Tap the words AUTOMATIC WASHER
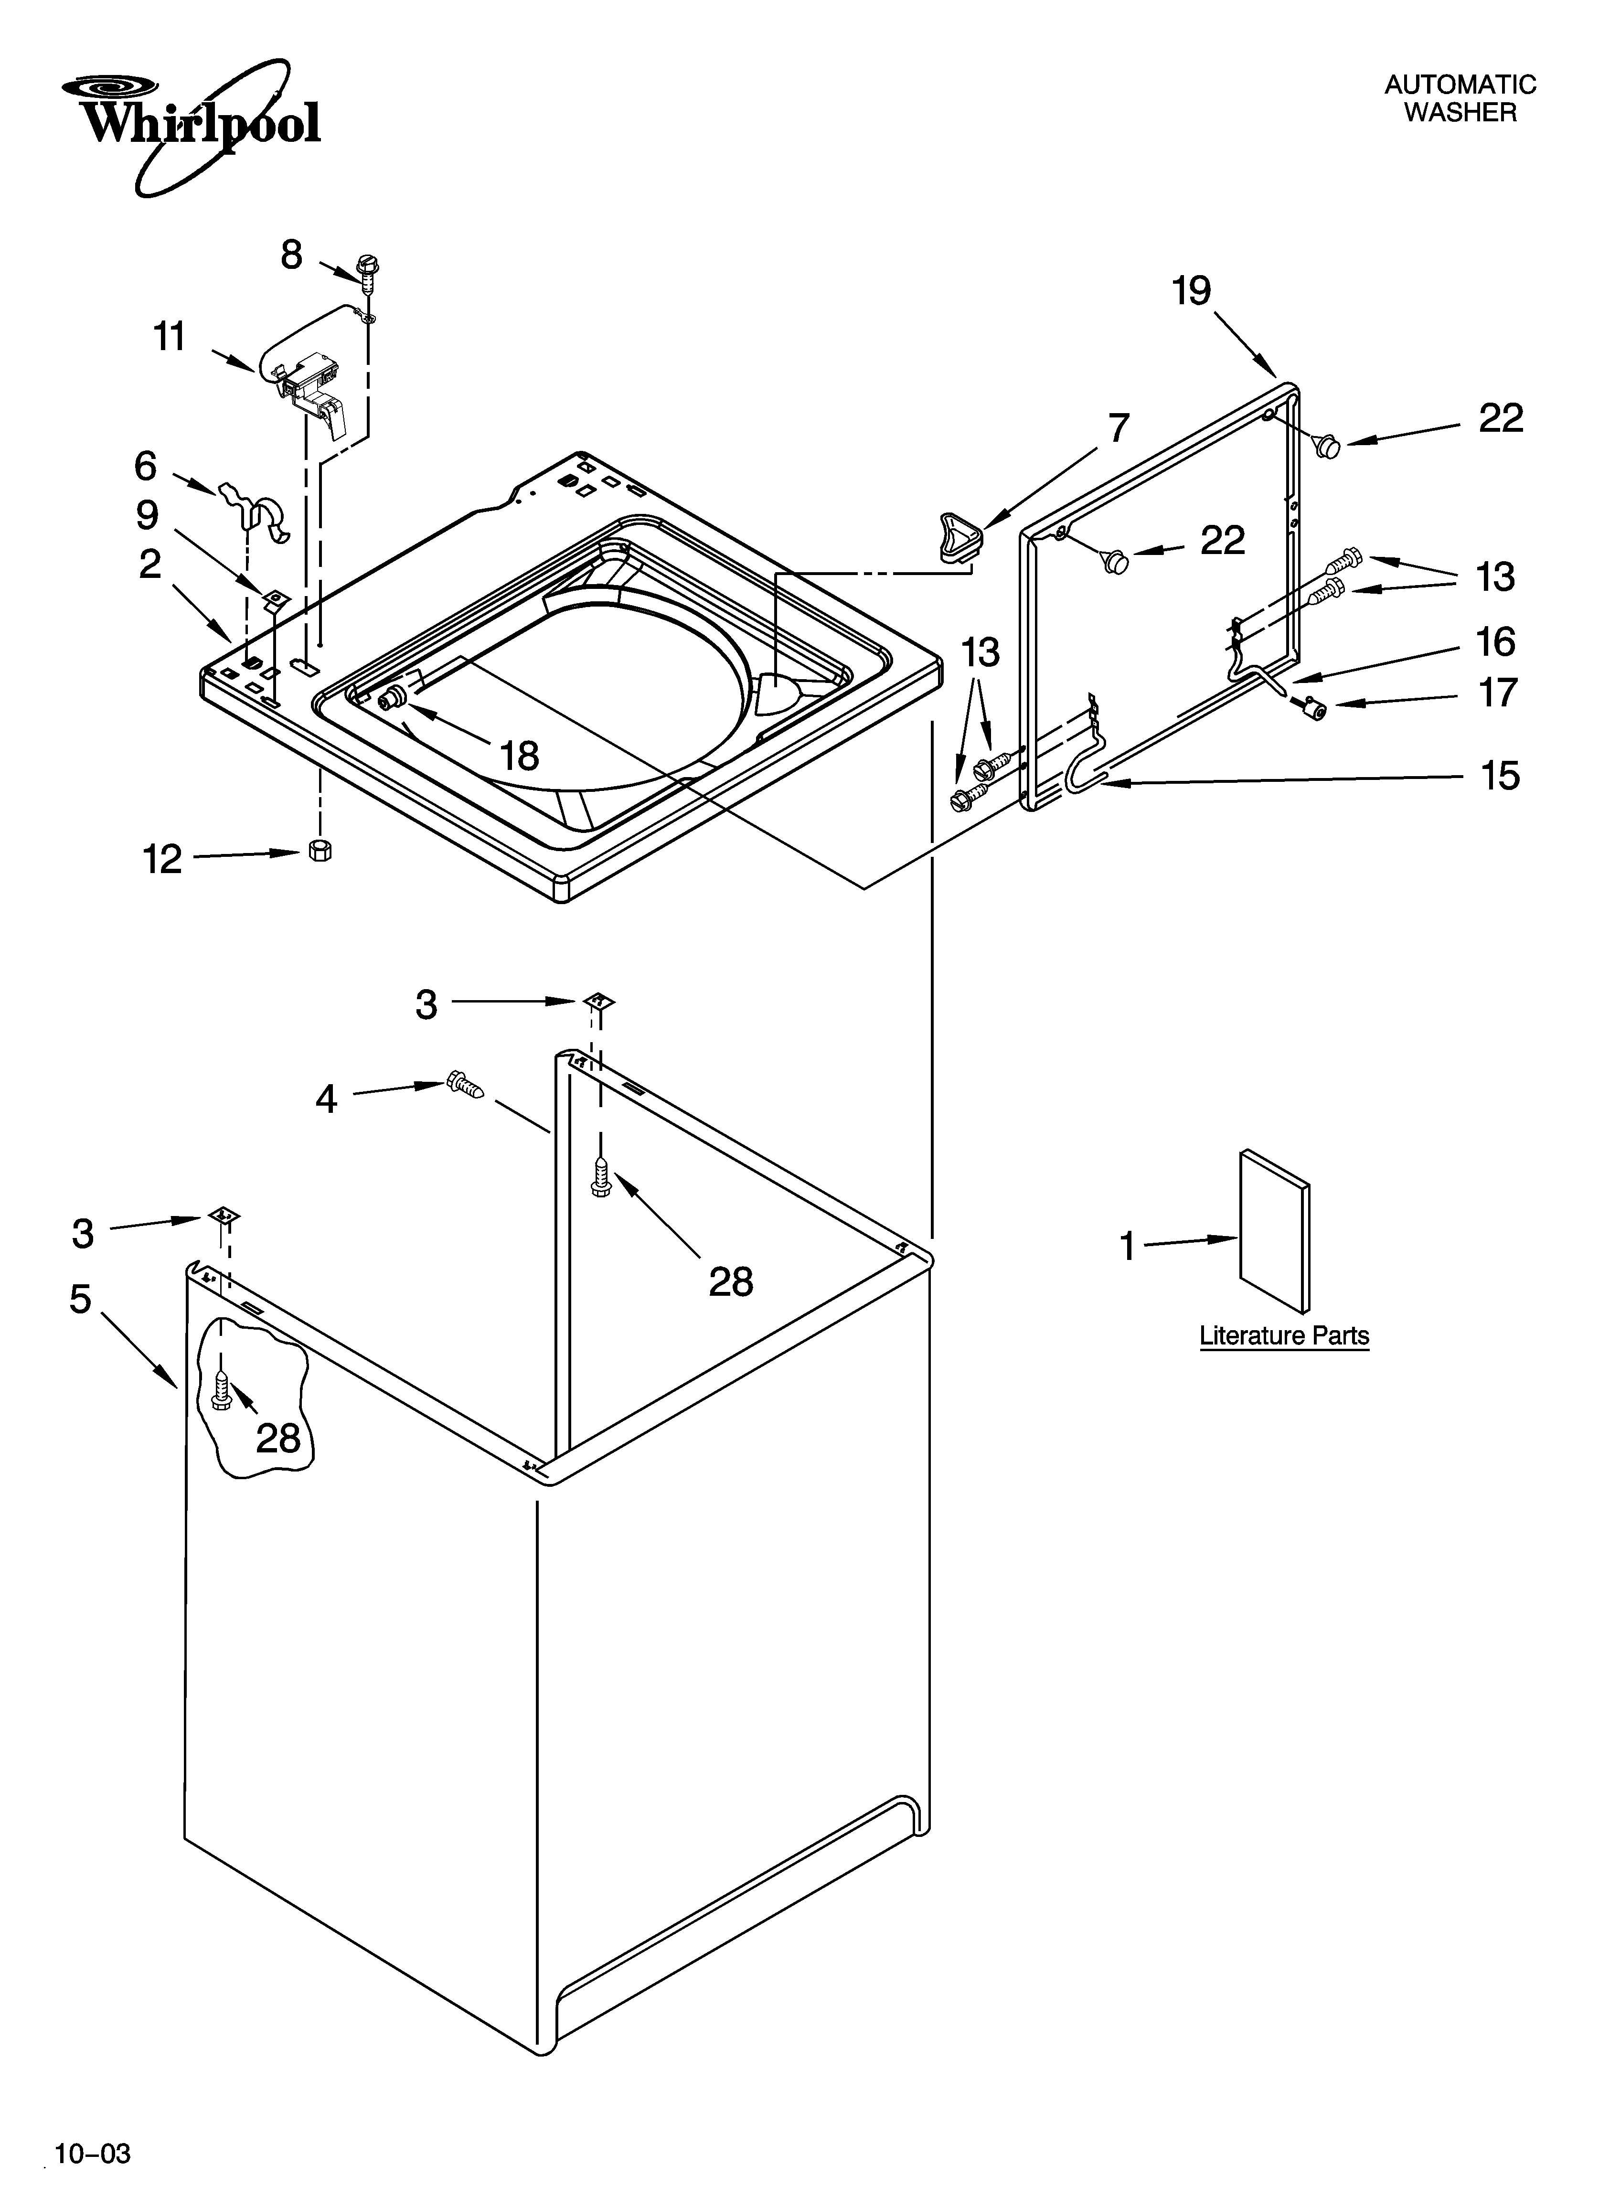pyautogui.click(x=1460, y=98)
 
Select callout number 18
pyautogui.click(x=519, y=756)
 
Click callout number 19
pyautogui.click(x=1191, y=291)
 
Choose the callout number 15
pyautogui.click(x=1500, y=776)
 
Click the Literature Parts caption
pyautogui.click(x=1283, y=1336)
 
